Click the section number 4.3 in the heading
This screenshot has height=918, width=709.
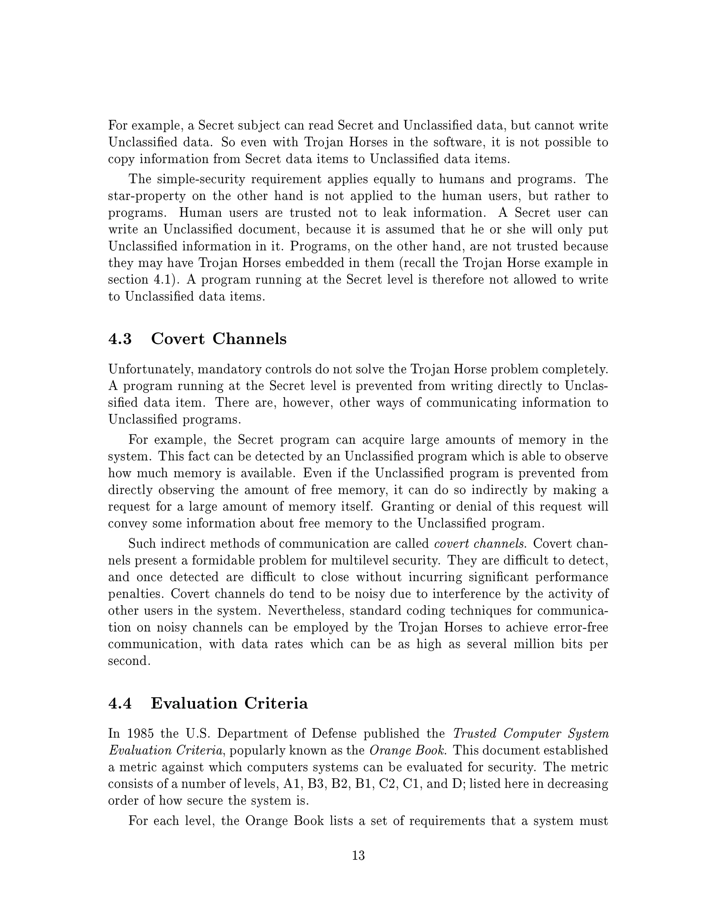click(120, 339)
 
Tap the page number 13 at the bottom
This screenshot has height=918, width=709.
click(358, 855)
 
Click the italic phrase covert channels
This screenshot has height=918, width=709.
click(479, 544)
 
